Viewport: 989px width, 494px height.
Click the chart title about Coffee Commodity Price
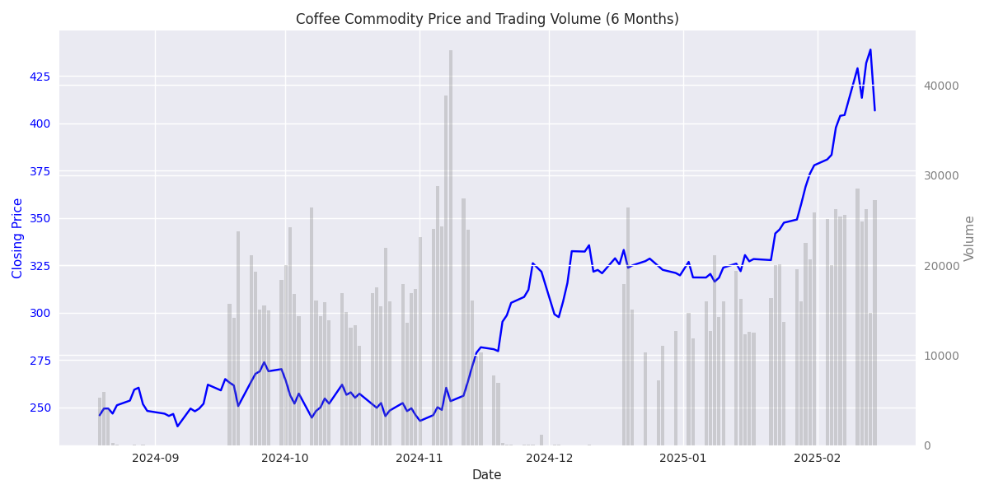[x=487, y=19]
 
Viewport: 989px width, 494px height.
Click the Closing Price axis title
[x=18, y=238]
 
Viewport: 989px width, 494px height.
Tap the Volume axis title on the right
[x=970, y=238]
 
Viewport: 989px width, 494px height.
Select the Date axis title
[x=486, y=475]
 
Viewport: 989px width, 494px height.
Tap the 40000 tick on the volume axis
[x=940, y=86]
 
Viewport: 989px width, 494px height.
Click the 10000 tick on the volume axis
[x=940, y=356]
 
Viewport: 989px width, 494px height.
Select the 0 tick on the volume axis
[x=926, y=445]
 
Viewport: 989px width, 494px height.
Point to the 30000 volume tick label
[x=940, y=175]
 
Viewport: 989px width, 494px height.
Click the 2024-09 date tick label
[x=155, y=458]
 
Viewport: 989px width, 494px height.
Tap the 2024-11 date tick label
[x=419, y=458]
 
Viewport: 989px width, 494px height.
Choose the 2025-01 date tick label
[x=683, y=458]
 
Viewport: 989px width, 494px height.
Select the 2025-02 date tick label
[x=817, y=458]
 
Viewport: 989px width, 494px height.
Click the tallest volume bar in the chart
[x=451, y=247]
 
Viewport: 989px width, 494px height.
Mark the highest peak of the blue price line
[x=870, y=49]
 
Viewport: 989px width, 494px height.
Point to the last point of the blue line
[x=874, y=110]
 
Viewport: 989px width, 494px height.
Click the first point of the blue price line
[x=100, y=415]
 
